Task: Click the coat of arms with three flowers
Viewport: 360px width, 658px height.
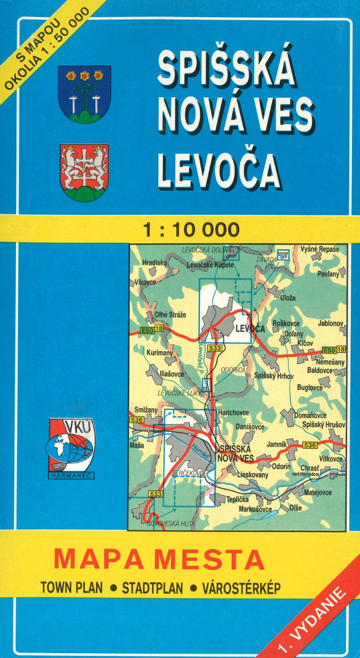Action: (85, 94)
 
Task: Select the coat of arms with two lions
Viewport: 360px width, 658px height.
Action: (85, 172)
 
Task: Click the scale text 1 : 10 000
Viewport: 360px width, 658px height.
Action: (191, 230)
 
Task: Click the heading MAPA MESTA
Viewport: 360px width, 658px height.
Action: (159, 559)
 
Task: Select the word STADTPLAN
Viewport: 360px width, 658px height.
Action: (152, 587)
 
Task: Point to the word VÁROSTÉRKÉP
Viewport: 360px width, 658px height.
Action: (241, 587)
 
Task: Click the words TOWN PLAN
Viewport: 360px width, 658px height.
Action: (72, 587)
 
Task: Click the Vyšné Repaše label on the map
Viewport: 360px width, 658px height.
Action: (324, 249)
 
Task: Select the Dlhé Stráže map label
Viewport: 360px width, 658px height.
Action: (170, 315)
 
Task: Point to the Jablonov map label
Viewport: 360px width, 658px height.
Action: (330, 323)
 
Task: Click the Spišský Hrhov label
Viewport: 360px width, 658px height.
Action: (274, 376)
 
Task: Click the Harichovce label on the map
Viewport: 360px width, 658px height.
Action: (233, 412)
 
